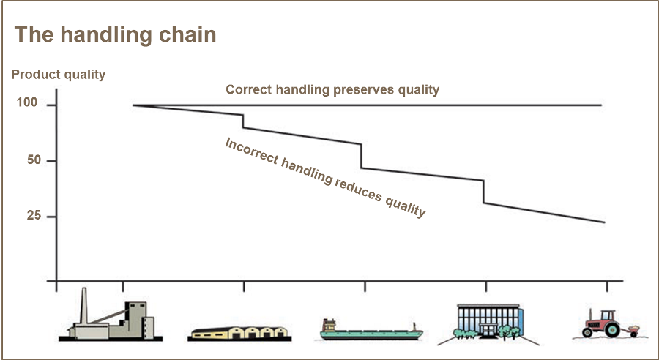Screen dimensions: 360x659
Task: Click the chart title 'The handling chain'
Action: (116, 34)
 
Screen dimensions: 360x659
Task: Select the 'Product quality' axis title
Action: (59, 74)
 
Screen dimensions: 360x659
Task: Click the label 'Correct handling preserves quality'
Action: (332, 89)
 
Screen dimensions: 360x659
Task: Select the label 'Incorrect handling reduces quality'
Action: (324, 177)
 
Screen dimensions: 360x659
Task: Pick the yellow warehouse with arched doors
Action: (238, 332)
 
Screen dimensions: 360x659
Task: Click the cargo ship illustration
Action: (371, 331)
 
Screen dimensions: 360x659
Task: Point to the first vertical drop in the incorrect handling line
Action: (243, 121)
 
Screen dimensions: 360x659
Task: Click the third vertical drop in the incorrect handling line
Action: (484, 192)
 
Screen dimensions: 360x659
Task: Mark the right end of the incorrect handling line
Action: (604, 222)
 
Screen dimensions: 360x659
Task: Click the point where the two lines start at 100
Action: (133, 105)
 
